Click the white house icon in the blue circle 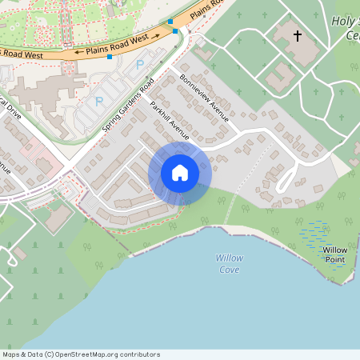click(x=180, y=173)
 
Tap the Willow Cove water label click(x=230, y=263)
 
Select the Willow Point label click(x=335, y=254)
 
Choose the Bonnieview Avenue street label click(x=205, y=98)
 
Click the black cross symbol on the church click(x=298, y=36)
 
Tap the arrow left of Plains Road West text click(x=78, y=53)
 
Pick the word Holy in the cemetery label click(x=342, y=22)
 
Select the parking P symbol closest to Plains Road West click(x=141, y=64)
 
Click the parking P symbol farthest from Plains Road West click(x=99, y=101)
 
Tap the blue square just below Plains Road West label click(x=109, y=68)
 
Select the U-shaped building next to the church click(x=281, y=77)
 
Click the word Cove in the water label click(x=230, y=269)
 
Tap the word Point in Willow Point click(x=335, y=259)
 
